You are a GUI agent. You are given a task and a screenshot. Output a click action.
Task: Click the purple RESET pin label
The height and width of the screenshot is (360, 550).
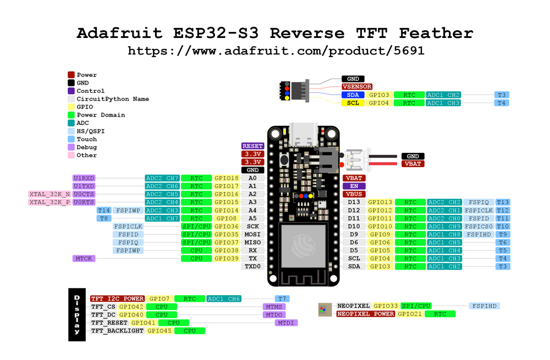tap(252, 146)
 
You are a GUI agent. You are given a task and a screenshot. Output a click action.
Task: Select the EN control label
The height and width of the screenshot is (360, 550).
tap(354, 186)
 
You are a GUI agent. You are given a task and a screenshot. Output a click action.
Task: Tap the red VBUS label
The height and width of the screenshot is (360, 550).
tap(354, 194)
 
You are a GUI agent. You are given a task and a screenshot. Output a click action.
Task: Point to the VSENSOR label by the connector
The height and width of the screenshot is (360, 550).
tap(357, 87)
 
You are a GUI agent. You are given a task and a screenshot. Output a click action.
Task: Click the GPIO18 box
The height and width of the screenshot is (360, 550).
tap(227, 178)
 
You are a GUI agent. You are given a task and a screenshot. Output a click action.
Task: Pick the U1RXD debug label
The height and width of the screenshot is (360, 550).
tap(84, 178)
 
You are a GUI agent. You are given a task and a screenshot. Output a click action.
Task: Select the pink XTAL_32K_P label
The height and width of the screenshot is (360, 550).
tap(50, 202)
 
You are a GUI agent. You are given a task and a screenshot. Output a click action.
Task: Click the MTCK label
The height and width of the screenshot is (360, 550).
tap(84, 258)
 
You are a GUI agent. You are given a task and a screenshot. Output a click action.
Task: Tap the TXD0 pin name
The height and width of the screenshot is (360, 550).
tap(252, 267)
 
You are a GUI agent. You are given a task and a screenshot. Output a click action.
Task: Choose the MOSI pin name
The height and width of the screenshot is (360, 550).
tap(252, 234)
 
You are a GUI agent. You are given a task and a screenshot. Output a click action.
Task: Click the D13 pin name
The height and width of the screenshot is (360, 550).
tap(354, 202)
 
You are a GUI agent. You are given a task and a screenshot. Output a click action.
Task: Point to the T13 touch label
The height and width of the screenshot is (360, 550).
tap(503, 202)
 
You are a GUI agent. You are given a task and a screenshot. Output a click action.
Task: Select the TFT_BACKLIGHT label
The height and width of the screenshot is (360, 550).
tap(118, 331)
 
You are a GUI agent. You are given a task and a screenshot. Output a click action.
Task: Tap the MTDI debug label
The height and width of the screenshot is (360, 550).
tap(286, 323)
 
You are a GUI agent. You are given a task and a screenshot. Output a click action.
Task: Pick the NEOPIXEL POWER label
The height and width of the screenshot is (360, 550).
tap(366, 314)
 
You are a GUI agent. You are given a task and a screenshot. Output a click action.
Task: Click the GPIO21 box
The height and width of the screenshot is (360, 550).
tap(409, 314)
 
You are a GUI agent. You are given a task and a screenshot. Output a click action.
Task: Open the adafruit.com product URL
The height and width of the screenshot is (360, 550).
tap(276, 51)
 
